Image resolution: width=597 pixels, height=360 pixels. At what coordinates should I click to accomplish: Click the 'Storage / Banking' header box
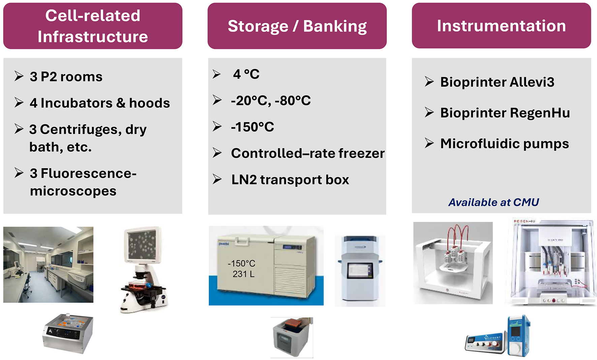click(x=297, y=26)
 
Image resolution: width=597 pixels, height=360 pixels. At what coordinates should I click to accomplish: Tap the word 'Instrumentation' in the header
click(x=501, y=26)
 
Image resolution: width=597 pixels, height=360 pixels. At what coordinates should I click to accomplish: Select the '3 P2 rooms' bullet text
click(x=66, y=77)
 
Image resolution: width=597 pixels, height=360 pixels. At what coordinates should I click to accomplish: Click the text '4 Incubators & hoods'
click(x=100, y=103)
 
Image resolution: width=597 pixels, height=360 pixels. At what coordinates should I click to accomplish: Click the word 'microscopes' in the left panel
click(x=73, y=191)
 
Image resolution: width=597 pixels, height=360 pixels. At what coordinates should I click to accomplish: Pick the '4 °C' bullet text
click(x=246, y=74)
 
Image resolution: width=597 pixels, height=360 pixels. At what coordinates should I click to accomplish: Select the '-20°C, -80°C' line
click(x=271, y=100)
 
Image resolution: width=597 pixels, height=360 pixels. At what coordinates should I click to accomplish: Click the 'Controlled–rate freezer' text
click(x=308, y=153)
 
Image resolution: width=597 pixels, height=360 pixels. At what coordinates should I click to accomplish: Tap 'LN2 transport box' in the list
click(x=290, y=180)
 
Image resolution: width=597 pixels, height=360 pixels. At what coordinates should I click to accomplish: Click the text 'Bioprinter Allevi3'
click(x=497, y=82)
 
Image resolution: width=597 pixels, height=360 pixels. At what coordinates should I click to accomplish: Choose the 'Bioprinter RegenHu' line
click(x=505, y=113)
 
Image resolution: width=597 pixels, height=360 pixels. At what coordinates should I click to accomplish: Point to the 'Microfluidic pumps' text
click(x=504, y=144)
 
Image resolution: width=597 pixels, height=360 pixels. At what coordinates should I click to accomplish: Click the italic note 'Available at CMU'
click(x=494, y=202)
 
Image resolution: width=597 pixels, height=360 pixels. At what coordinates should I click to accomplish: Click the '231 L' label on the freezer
click(x=243, y=274)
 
